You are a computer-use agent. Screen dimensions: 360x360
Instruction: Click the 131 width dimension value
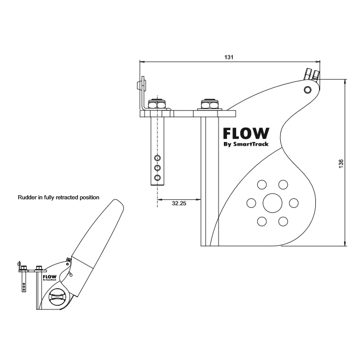pos(229,56)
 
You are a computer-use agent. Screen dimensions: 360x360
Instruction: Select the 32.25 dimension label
pos(179,204)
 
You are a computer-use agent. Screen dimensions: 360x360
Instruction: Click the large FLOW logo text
pos(246,133)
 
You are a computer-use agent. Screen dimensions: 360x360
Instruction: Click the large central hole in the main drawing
pos(272,203)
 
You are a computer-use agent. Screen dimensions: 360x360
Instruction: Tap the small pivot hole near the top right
pos(308,90)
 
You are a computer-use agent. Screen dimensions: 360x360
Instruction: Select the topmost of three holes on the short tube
pos(157,158)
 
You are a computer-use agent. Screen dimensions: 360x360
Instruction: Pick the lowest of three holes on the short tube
pos(157,176)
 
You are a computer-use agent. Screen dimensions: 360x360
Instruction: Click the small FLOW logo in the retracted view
pos(49,277)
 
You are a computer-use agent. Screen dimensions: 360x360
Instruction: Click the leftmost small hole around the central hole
pos(250,203)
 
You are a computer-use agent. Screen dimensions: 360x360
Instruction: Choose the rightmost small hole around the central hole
pos(293,203)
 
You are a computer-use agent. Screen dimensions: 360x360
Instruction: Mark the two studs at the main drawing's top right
pos(312,74)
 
